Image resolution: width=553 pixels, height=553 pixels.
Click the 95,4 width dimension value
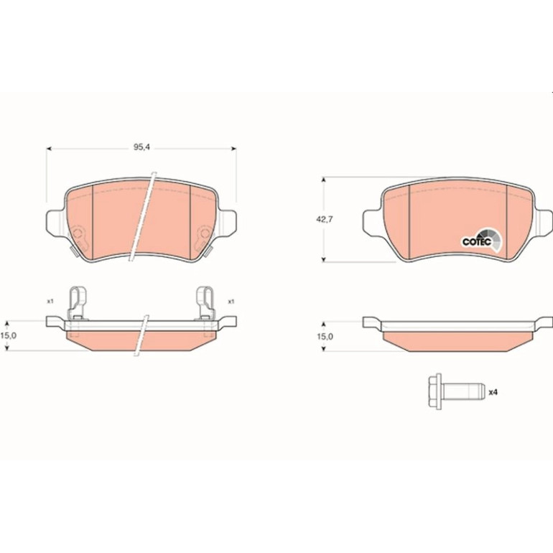(141, 147)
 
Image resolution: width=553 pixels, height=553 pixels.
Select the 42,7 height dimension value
(325, 219)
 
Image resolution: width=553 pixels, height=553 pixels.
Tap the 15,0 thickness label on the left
(8, 335)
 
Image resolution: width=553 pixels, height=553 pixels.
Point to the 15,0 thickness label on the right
(325, 336)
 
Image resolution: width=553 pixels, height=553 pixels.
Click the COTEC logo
(481, 240)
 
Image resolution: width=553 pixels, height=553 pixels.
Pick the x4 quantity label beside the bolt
(493, 392)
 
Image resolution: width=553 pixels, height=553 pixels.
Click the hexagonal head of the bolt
(434, 391)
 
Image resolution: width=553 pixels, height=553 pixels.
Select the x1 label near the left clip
(50, 301)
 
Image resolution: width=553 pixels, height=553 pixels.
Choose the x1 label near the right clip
(231, 302)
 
